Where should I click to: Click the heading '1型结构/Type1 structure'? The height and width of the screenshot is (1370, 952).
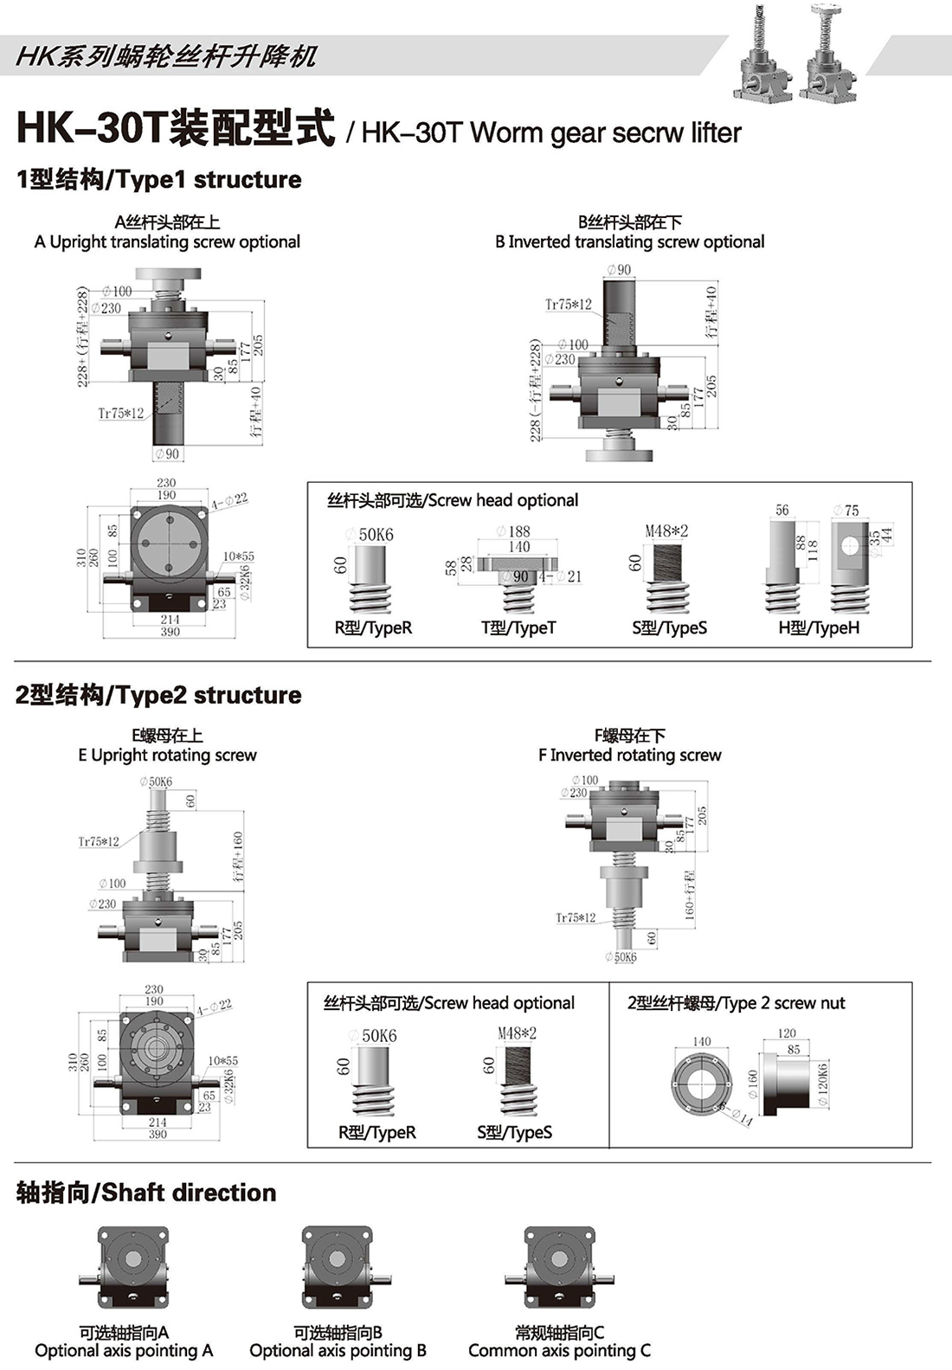pyautogui.click(x=158, y=180)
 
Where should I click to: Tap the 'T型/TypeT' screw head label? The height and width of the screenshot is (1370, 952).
pyautogui.click(x=518, y=628)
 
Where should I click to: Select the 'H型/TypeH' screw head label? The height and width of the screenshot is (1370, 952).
pyautogui.click(x=819, y=628)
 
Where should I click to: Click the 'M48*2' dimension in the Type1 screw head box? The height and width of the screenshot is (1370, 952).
pyautogui.click(x=666, y=531)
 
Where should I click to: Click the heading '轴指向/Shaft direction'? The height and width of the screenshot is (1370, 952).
pyautogui.click(x=146, y=1193)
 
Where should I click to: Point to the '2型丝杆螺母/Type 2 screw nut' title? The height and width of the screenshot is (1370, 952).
pyautogui.click(x=736, y=1003)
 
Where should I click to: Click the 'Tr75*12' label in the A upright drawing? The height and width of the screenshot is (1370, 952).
pyautogui.click(x=120, y=414)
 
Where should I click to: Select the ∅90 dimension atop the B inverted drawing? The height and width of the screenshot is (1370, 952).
pyautogui.click(x=619, y=270)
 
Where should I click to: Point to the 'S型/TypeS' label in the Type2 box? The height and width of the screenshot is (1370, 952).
pyautogui.click(x=514, y=1132)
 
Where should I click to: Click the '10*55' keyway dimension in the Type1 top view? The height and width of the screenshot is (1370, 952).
pyautogui.click(x=239, y=556)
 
